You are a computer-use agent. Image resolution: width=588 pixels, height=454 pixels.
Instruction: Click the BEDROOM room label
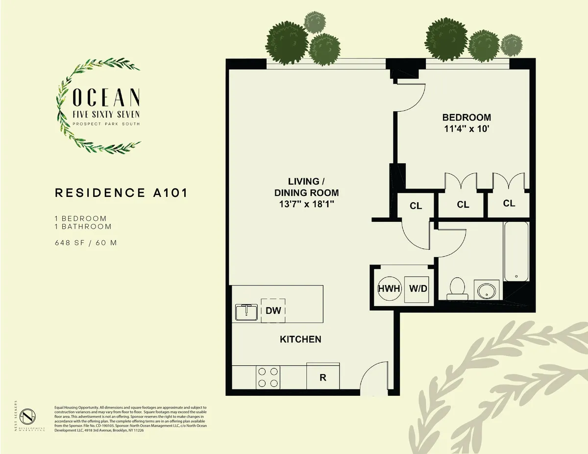pyautogui.click(x=466, y=118)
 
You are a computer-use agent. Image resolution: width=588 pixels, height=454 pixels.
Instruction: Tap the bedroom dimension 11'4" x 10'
pyautogui.click(x=466, y=129)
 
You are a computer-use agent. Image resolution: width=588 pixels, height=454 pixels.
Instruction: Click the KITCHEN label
pyautogui.click(x=300, y=339)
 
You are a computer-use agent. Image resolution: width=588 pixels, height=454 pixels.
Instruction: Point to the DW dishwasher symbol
pyautogui.click(x=273, y=310)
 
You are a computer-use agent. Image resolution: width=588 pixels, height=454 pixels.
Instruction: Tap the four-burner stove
pyautogui.click(x=268, y=377)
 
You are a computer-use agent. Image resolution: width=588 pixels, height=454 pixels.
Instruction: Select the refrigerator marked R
pyautogui.click(x=322, y=378)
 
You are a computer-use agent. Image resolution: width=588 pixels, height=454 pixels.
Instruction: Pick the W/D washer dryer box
pyautogui.click(x=418, y=288)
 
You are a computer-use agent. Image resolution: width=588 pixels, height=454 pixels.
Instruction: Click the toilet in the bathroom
pyautogui.click(x=457, y=288)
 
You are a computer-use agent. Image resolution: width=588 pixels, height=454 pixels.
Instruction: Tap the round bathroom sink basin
pyautogui.click(x=487, y=290)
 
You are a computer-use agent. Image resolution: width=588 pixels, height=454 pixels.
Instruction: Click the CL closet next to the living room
pyautogui.click(x=416, y=206)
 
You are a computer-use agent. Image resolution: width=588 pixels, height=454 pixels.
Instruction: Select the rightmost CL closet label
pyautogui.click(x=509, y=203)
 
